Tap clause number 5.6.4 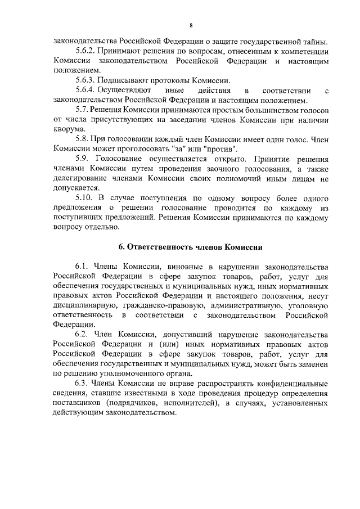pyautogui.click(x=87, y=91)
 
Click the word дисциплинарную pyautogui.click(x=84, y=305)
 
